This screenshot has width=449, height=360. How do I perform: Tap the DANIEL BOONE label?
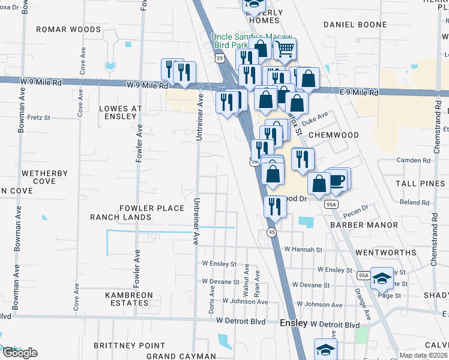click(352, 25)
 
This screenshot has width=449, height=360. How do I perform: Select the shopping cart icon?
click(285, 49)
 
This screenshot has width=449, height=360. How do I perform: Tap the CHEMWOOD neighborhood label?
click(333, 136)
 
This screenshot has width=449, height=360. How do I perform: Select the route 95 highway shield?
click(271, 233)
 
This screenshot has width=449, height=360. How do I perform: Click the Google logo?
click(19, 353)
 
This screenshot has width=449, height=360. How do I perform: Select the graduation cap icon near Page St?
click(382, 278)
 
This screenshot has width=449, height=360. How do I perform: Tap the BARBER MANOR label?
click(364, 225)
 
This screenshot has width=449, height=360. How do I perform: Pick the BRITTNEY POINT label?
click(129, 346)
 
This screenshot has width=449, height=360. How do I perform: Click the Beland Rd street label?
click(414, 203)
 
